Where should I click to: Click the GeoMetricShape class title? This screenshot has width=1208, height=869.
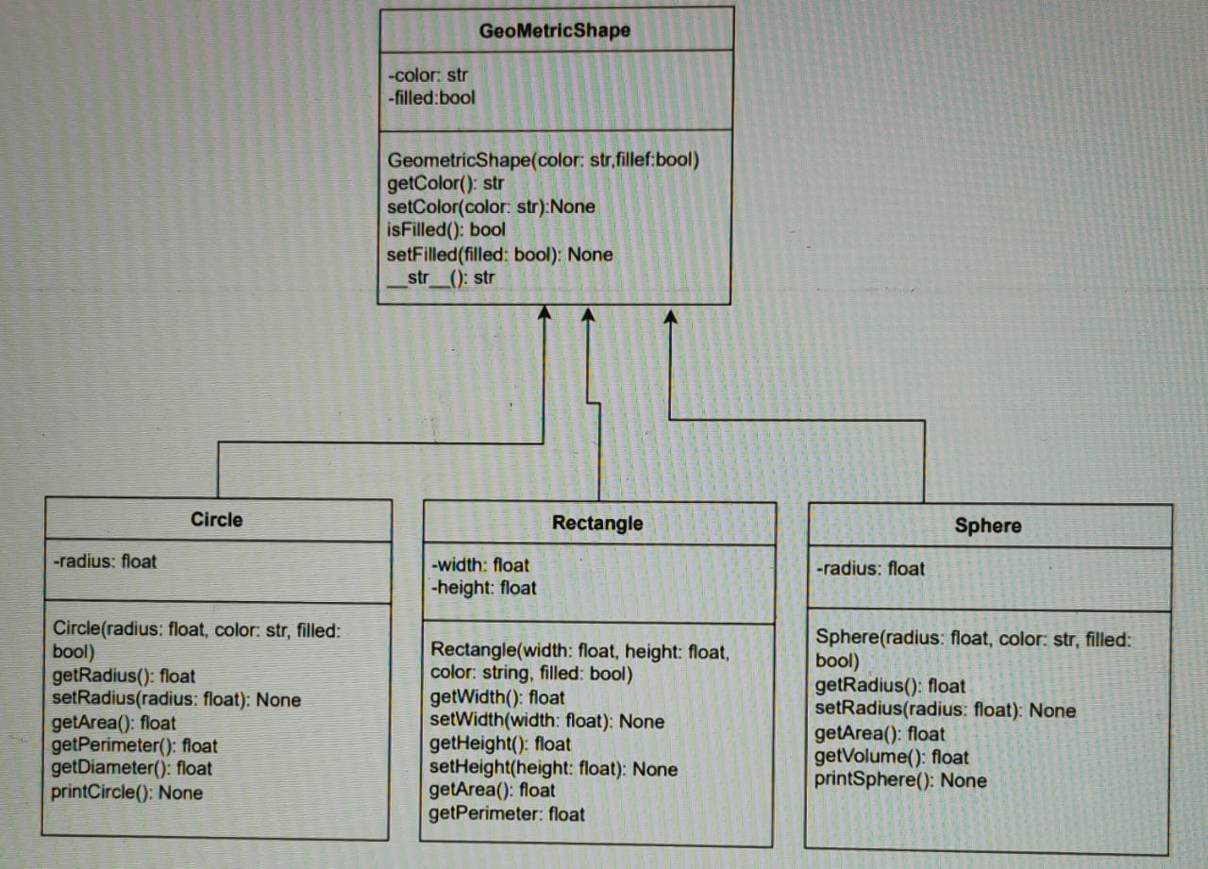coord(555,30)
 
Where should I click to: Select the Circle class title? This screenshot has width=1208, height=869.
coord(216,520)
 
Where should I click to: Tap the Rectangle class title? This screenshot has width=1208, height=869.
coord(597,524)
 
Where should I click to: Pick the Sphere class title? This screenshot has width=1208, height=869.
coord(987,526)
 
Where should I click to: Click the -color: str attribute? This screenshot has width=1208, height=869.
coord(428,75)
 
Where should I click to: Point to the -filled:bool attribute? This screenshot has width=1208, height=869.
coord(432,97)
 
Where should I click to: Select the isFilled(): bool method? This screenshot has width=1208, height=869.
coord(446,229)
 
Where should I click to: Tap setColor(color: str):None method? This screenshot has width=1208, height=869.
coord(491,207)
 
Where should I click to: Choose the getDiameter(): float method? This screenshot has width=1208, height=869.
coord(132,769)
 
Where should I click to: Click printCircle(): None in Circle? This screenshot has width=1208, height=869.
coord(126,793)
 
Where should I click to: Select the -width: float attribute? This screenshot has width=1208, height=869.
coord(480,565)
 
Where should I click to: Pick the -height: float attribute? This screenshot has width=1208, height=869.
coord(483,588)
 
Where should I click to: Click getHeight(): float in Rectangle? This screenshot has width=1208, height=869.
coord(500,744)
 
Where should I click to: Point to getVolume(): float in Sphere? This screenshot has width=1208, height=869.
coord(892,757)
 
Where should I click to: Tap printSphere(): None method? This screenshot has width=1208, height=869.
coord(900,780)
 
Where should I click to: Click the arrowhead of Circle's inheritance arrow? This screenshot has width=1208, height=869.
coord(544,314)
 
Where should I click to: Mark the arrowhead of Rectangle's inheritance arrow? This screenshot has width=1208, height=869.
coord(587,315)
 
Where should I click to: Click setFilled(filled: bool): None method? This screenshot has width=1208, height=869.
coord(499,255)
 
